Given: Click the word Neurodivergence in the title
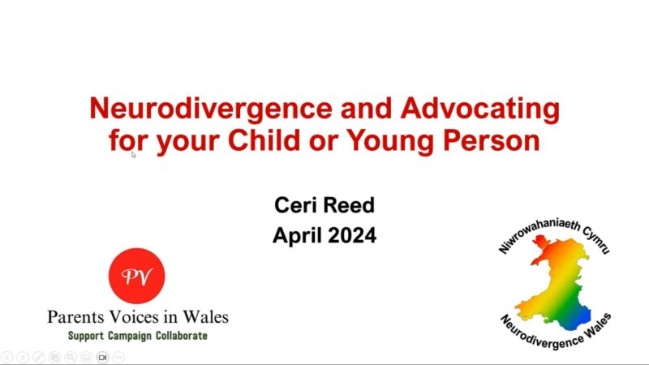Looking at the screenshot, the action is click(211, 109).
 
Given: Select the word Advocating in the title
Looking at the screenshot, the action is click(480, 109).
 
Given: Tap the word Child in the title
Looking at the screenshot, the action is click(264, 140).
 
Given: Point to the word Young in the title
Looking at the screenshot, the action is click(390, 141).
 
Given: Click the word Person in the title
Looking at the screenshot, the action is click(492, 140).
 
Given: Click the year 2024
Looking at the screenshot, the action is click(352, 235).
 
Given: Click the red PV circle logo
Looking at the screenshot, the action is click(136, 276).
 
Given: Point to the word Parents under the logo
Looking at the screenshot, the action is click(75, 317).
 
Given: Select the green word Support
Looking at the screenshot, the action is click(86, 336).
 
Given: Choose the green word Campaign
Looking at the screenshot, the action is click(130, 336).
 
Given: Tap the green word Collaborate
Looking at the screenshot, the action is click(181, 335).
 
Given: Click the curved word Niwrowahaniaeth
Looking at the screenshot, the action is click(537, 233).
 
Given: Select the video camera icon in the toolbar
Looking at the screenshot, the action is click(103, 357).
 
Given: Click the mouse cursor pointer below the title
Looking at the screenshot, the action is click(133, 154).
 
